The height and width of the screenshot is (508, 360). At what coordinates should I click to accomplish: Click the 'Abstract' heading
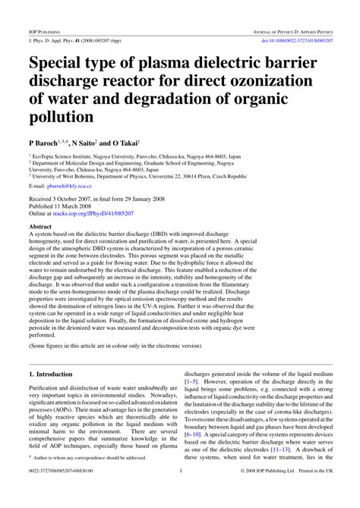coord(41,227)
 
